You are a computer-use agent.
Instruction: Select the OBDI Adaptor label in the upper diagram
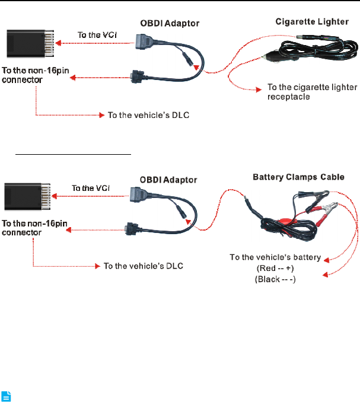(x=170, y=24)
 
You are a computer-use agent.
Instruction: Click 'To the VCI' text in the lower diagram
(x=89, y=188)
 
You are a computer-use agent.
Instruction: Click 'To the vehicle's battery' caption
(x=275, y=257)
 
